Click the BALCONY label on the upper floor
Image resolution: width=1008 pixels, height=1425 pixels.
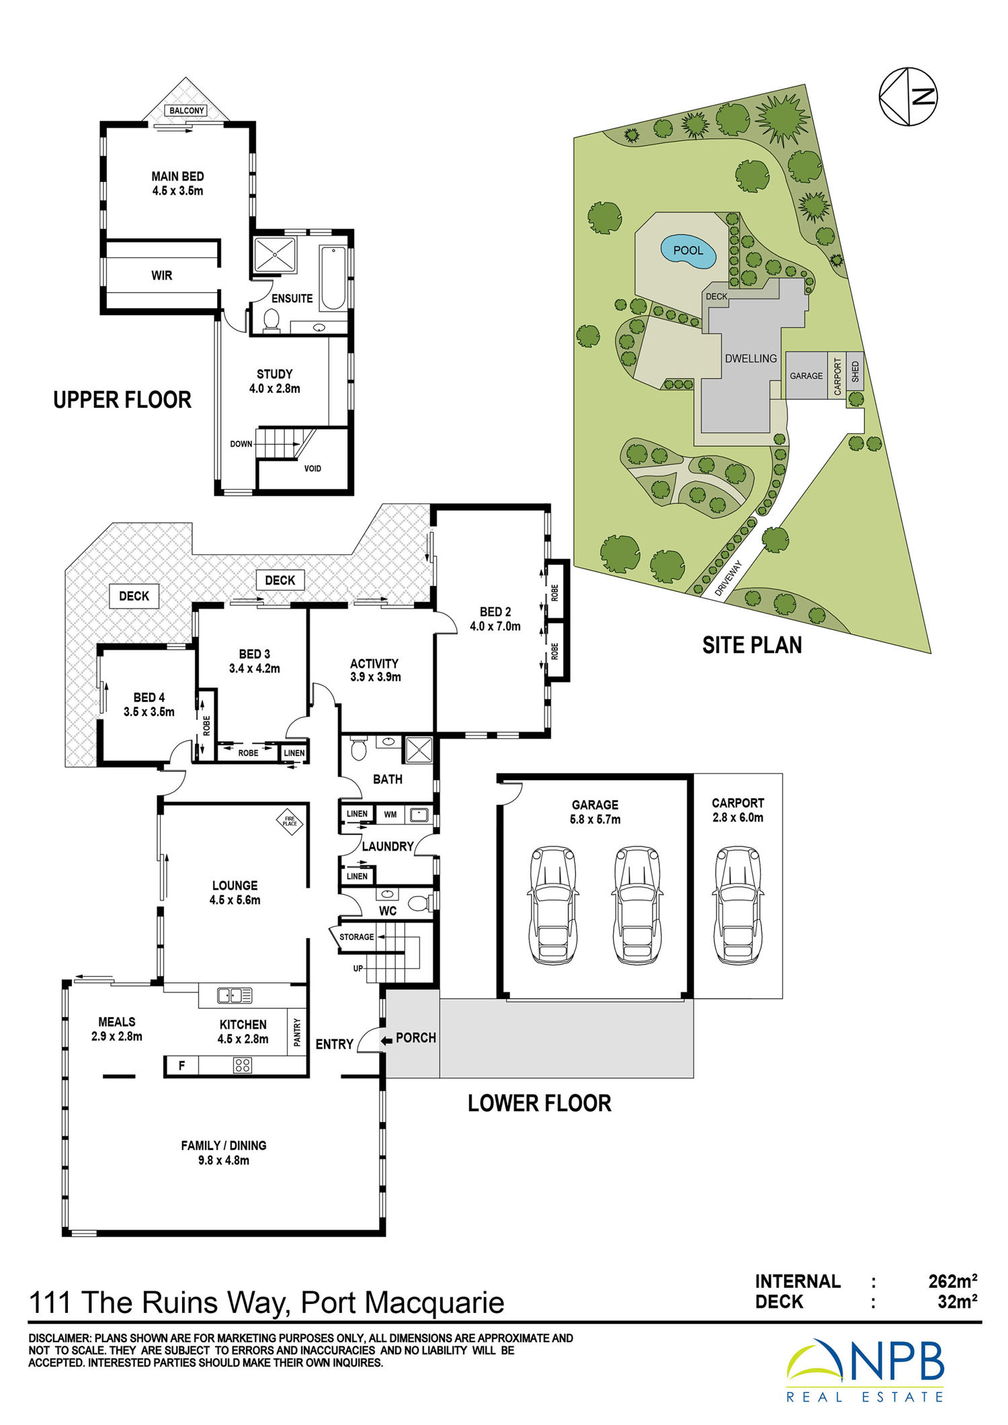[x=186, y=110]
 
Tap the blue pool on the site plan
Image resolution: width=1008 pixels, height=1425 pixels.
[x=688, y=251]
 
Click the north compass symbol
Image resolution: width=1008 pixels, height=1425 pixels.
[x=908, y=97]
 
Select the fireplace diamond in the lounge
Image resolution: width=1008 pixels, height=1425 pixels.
[x=290, y=820]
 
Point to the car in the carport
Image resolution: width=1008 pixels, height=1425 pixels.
[x=737, y=904]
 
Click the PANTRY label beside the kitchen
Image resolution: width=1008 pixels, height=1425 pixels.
[x=297, y=1032]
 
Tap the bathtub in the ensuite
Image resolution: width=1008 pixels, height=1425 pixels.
[x=333, y=279]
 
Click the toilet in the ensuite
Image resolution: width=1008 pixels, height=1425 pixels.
[x=271, y=320]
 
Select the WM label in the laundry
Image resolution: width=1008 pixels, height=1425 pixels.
[x=390, y=814]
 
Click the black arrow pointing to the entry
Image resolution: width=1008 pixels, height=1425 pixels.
[x=386, y=1041]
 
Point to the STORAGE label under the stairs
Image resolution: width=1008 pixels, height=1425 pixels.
[x=356, y=937]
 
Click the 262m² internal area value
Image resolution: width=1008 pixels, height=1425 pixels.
[x=952, y=1281]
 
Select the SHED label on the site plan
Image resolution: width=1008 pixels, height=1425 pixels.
[x=855, y=372]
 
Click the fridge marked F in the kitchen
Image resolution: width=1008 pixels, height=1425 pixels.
[x=181, y=1066]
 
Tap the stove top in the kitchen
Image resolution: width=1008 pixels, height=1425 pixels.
[x=243, y=1065]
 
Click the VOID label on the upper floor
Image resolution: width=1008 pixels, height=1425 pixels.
[x=312, y=468]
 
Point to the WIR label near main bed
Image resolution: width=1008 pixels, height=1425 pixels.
[x=161, y=275]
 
